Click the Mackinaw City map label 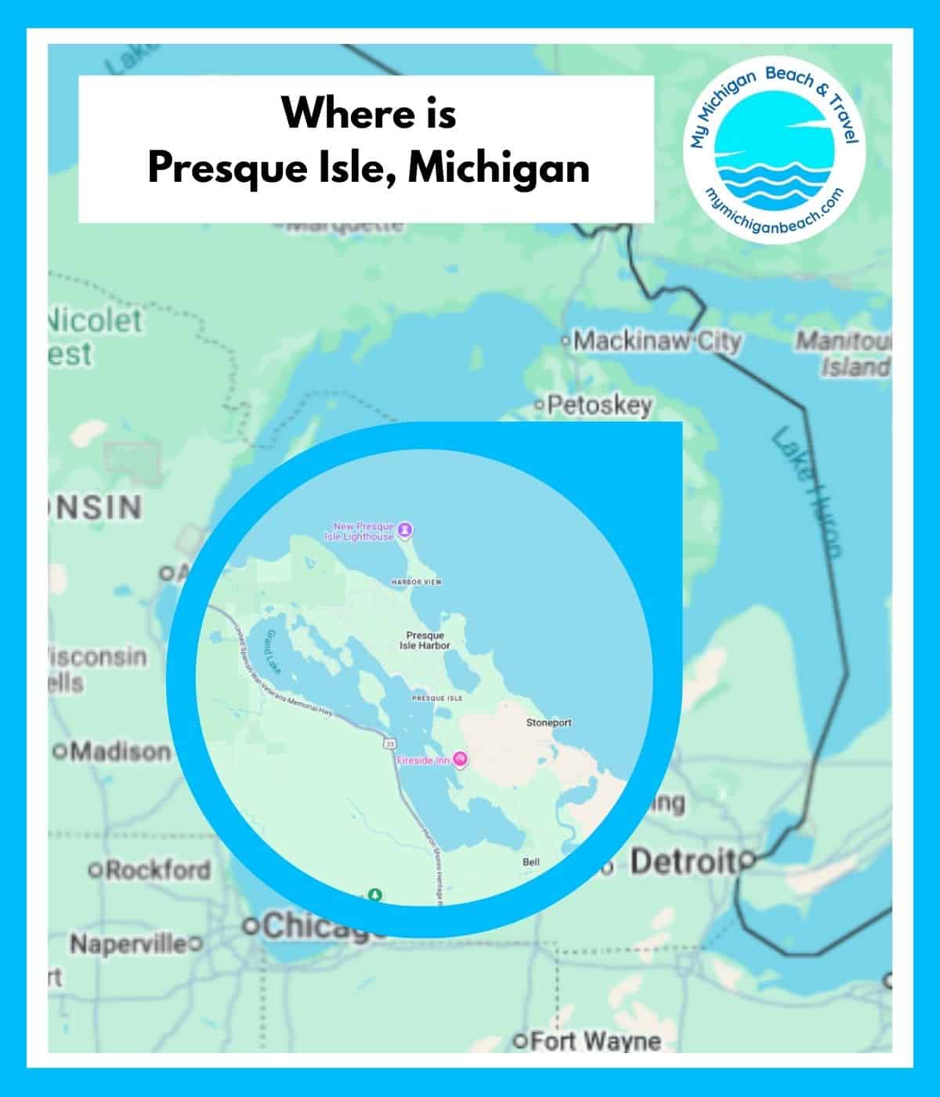(x=657, y=342)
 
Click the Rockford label (x=157, y=870)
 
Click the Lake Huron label (x=805, y=494)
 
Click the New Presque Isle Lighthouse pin (x=405, y=530)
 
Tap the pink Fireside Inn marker (x=461, y=759)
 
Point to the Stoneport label (x=548, y=722)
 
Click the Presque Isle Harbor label (x=425, y=640)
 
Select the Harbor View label (x=417, y=582)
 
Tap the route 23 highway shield (x=389, y=740)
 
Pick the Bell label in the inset (x=531, y=862)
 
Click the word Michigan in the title (x=499, y=168)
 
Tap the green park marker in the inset (x=376, y=895)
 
